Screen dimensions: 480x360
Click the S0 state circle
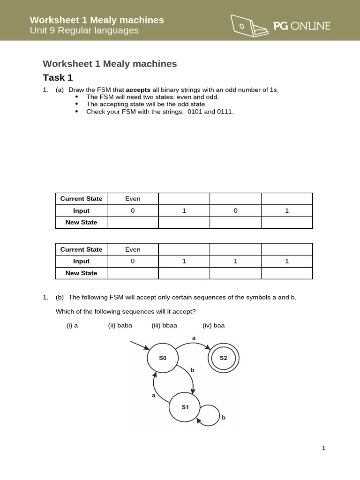pos(162,358)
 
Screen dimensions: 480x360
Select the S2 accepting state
pos(223,358)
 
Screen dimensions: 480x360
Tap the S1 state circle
pos(185,407)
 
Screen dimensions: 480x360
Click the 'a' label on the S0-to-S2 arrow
pos(194,337)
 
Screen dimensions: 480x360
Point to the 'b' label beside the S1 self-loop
pos(224,417)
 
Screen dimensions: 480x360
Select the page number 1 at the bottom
pos(323,448)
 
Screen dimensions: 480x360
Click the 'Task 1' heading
pos(58,78)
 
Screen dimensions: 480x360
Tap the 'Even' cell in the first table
pos(133,199)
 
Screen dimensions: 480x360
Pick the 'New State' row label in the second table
pos(81,273)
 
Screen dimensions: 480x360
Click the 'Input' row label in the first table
pos(81,210)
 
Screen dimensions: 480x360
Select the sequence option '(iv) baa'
pos(213,325)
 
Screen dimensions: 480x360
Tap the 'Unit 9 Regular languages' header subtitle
pos(84,30)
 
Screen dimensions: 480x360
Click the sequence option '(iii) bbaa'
pos(164,325)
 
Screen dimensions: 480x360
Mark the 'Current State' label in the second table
pos(81,249)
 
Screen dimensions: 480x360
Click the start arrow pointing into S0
pos(140,345)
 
